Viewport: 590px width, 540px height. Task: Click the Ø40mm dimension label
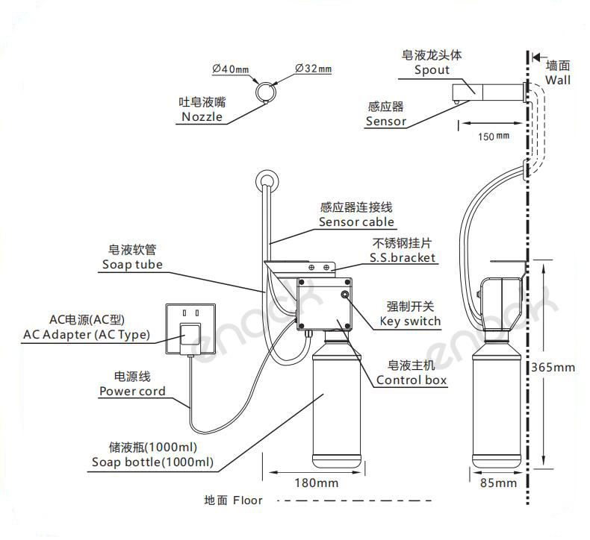point(230,69)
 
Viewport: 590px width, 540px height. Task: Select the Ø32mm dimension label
point(314,69)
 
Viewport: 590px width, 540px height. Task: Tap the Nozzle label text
point(202,116)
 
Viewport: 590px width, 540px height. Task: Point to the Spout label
point(432,70)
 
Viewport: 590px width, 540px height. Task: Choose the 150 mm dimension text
point(493,136)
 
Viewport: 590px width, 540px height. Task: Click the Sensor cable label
point(356,222)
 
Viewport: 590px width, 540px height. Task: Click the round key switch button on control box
point(346,295)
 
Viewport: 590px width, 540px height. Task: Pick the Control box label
point(412,380)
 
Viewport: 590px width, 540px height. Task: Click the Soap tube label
point(131,264)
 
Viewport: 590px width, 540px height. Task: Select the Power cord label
point(132,391)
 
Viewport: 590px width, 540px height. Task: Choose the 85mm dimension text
point(498,483)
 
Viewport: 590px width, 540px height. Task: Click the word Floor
point(247,500)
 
